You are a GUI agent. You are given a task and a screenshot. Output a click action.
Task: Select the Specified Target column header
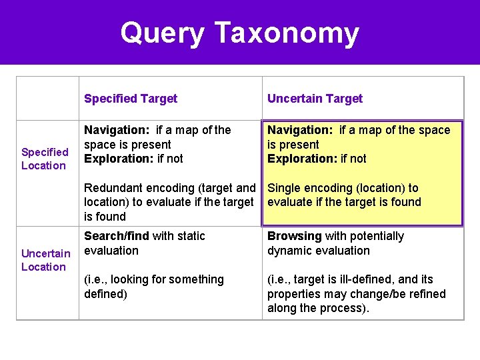click(131, 99)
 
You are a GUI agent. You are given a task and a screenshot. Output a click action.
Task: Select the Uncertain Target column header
click(315, 99)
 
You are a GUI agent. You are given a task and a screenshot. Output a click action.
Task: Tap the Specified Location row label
click(44, 159)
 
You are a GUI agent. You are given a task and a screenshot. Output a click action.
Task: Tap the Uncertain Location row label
click(45, 260)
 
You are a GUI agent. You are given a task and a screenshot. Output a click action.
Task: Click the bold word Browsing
click(294, 236)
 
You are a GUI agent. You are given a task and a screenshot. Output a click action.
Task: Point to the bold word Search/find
click(116, 236)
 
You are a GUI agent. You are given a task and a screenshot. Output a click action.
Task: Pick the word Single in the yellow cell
click(283, 188)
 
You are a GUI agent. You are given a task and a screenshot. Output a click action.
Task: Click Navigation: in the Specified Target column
click(117, 130)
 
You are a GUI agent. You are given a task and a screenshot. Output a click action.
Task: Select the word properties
click(295, 294)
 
